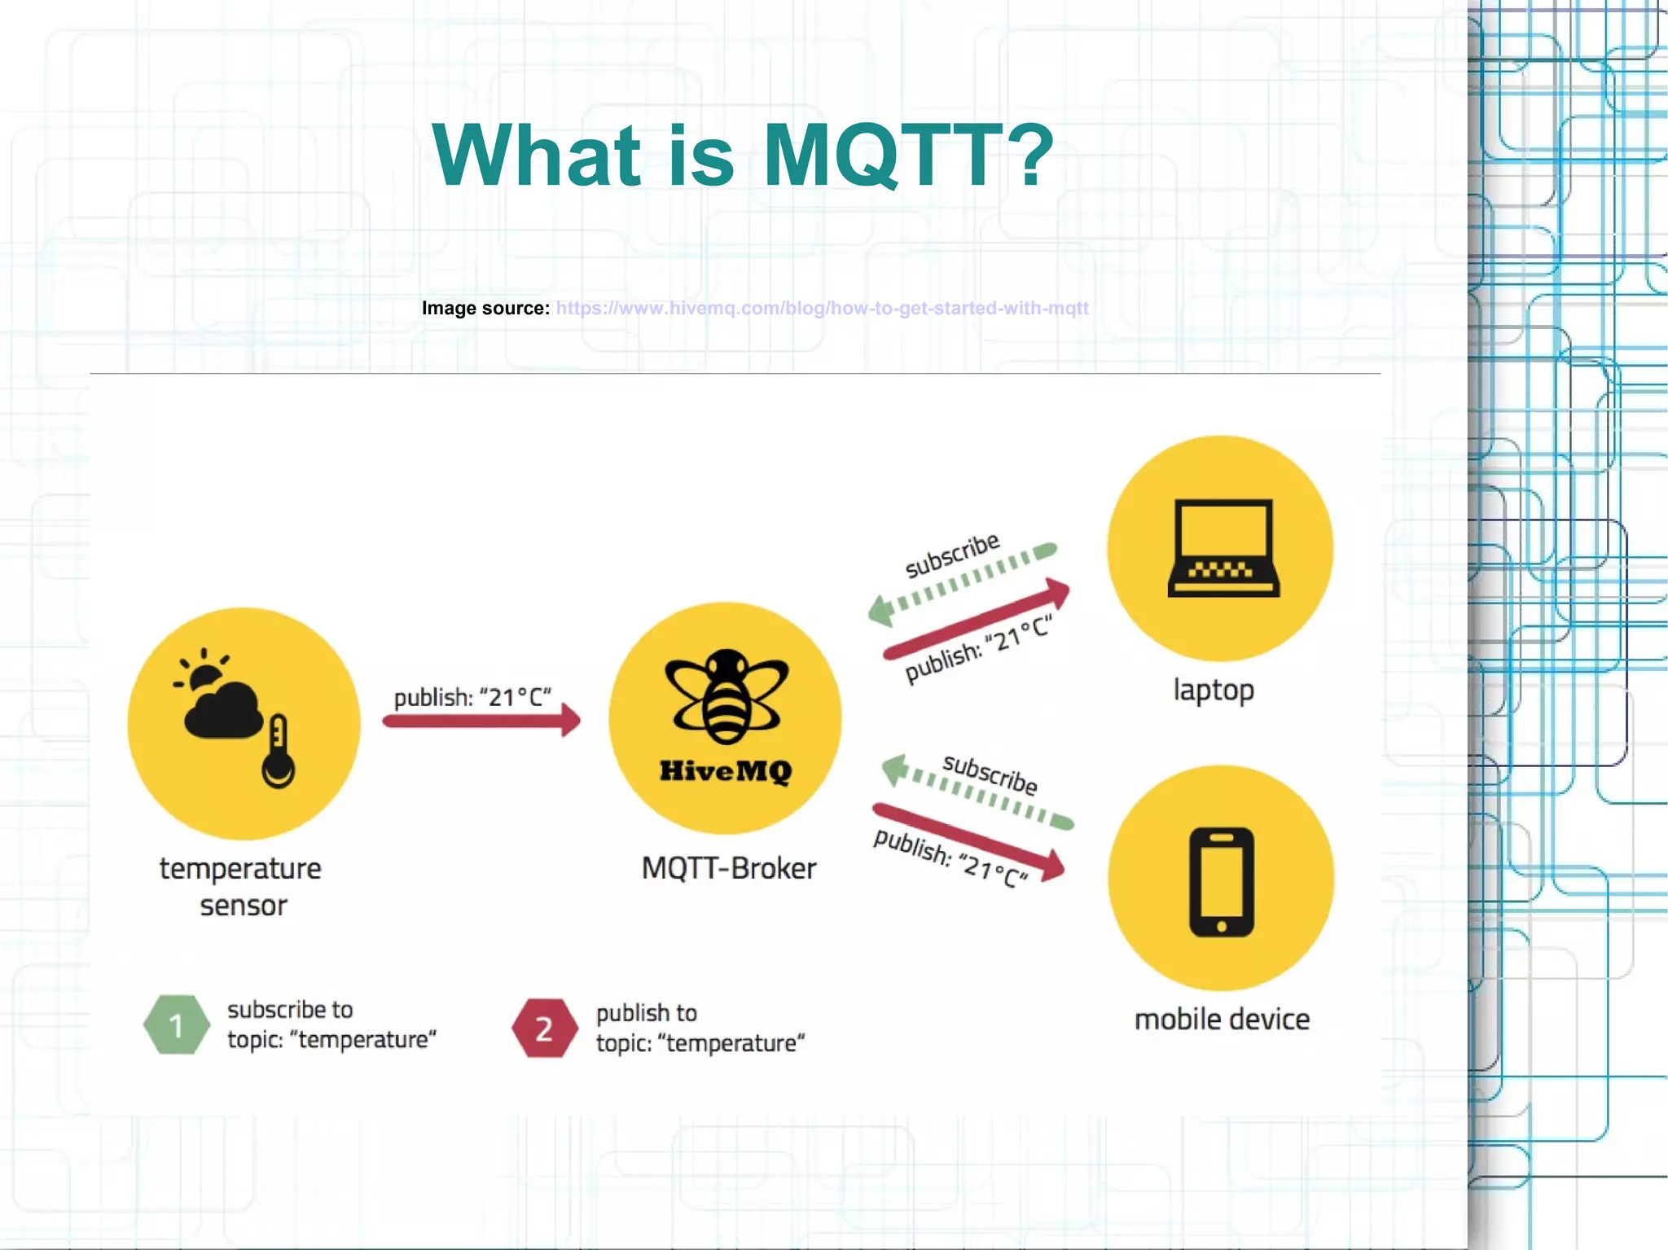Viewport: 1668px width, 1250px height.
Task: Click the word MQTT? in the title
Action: pyautogui.click(x=907, y=155)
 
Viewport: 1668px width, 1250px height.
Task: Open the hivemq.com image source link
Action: pyautogui.click(x=822, y=309)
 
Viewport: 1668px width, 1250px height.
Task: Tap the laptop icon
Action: pyautogui.click(x=1222, y=548)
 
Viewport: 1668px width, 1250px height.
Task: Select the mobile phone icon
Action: pyautogui.click(x=1221, y=882)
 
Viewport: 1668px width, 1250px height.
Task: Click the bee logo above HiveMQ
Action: pyautogui.click(x=726, y=696)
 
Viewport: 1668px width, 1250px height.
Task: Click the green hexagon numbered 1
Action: pyautogui.click(x=176, y=1025)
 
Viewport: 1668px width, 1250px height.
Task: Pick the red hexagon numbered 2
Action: pyautogui.click(x=543, y=1029)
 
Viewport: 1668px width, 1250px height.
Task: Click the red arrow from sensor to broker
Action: pyautogui.click(x=481, y=721)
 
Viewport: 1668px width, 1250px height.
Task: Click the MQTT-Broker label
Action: pyautogui.click(x=728, y=868)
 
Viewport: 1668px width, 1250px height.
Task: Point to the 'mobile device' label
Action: pyautogui.click(x=1222, y=1020)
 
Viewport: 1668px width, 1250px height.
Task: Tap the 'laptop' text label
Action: pyautogui.click(x=1214, y=690)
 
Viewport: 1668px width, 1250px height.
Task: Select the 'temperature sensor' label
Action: pyautogui.click(x=241, y=886)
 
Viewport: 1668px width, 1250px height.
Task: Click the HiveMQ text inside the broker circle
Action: pyautogui.click(x=725, y=770)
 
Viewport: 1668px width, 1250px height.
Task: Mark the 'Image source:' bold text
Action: pyautogui.click(x=485, y=309)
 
